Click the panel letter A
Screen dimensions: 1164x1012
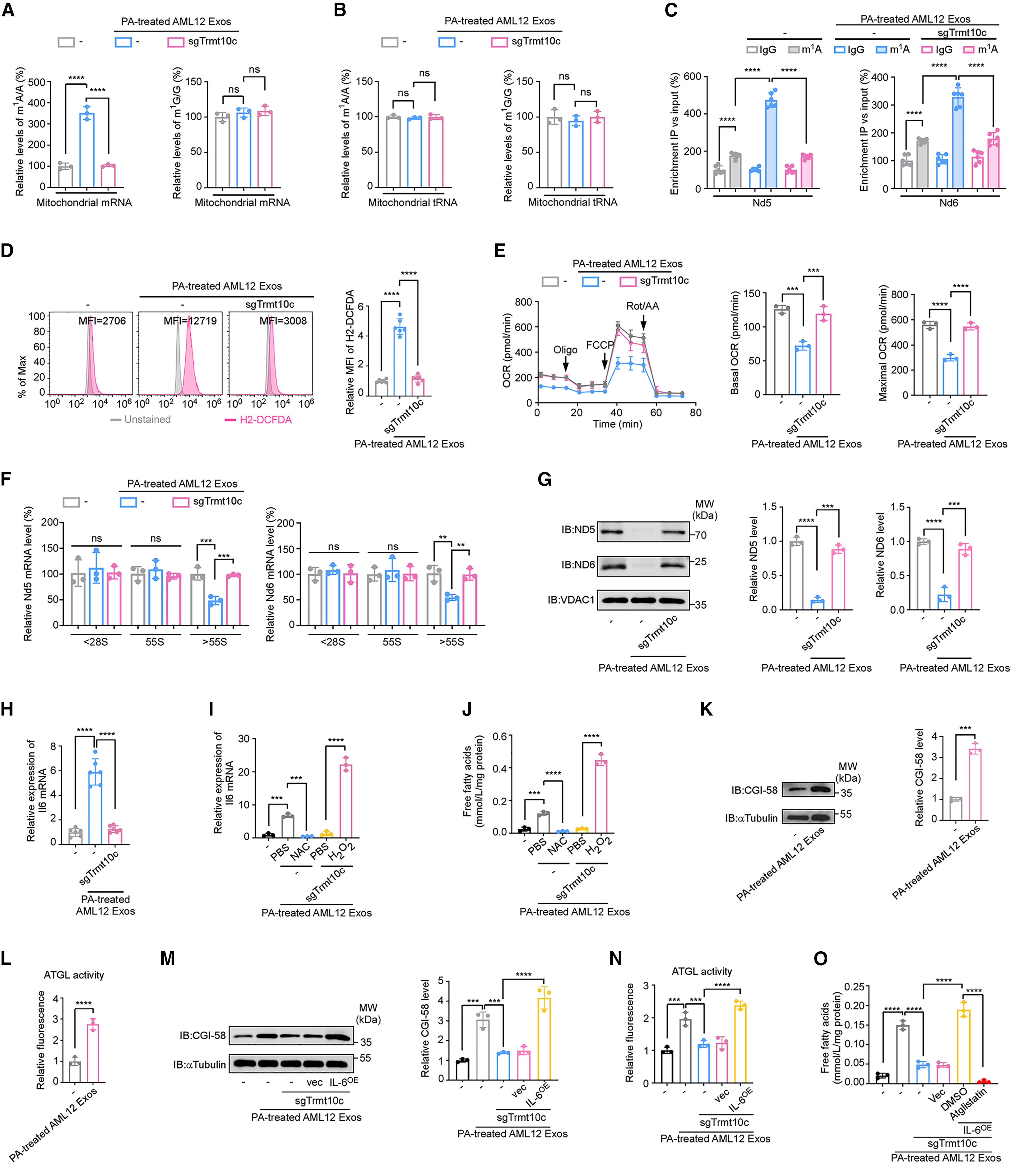[x=8, y=10]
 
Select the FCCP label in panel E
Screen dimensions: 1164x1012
[x=600, y=345]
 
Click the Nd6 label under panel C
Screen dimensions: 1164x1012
[x=948, y=202]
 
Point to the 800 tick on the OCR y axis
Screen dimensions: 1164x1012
[x=524, y=302]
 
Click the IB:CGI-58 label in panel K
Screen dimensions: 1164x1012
[x=754, y=790]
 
